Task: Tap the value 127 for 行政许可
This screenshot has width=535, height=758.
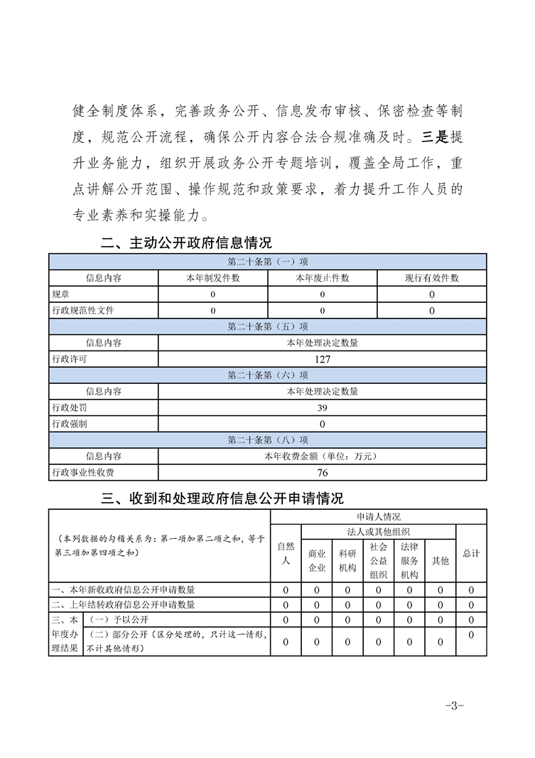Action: pyautogui.click(x=323, y=359)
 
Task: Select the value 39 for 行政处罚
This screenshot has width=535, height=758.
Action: pyautogui.click(x=323, y=407)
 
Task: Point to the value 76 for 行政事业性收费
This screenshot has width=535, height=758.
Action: pyautogui.click(x=323, y=472)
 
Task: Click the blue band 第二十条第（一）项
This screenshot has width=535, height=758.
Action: pyautogui.click(x=267, y=262)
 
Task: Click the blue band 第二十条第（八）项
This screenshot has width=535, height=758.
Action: pyautogui.click(x=267, y=439)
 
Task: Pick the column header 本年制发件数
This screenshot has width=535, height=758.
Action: pyautogui.click(x=213, y=278)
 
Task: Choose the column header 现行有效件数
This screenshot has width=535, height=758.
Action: pyautogui.click(x=432, y=278)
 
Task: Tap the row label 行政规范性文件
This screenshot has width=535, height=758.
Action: pyautogui.click(x=83, y=311)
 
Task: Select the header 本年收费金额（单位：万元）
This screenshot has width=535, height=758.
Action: pyautogui.click(x=323, y=456)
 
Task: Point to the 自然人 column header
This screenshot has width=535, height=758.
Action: pyautogui.click(x=286, y=553)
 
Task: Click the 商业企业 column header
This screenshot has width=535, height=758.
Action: pyautogui.click(x=316, y=560)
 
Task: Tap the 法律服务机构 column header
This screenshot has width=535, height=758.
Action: pyautogui.click(x=409, y=560)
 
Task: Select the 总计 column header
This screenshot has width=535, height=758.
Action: pyautogui.click(x=471, y=553)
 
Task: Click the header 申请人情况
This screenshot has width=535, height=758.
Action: pyautogui.click(x=379, y=517)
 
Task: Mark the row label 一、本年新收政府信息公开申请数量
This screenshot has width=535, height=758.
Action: pyautogui.click(x=124, y=589)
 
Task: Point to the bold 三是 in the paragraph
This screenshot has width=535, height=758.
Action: pyautogui.click(x=433, y=137)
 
